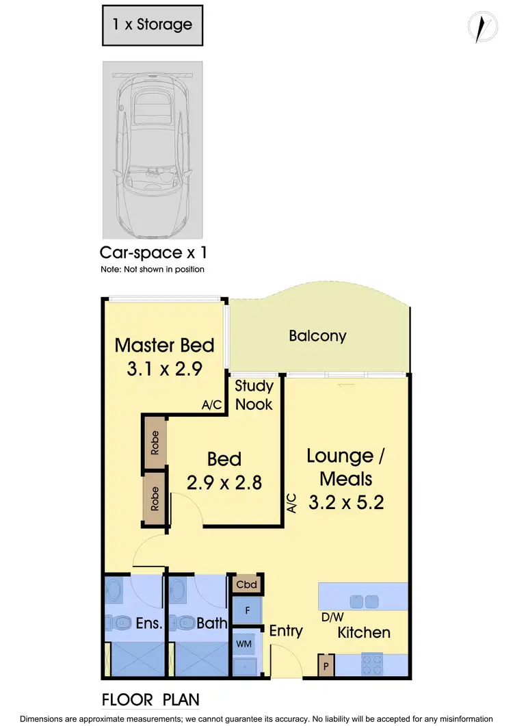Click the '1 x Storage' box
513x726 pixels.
[153, 25]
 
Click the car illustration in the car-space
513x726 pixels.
[153, 148]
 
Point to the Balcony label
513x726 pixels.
[317, 336]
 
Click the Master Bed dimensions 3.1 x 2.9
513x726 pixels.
[164, 370]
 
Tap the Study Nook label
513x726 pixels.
[254, 395]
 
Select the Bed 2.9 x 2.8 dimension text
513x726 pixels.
[224, 482]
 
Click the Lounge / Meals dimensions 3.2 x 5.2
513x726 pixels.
[345, 503]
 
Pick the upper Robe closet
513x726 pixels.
[155, 443]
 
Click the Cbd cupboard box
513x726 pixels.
[246, 585]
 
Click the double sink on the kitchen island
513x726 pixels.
[363, 601]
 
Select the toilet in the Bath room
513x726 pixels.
[184, 623]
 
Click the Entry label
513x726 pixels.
[286, 630]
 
